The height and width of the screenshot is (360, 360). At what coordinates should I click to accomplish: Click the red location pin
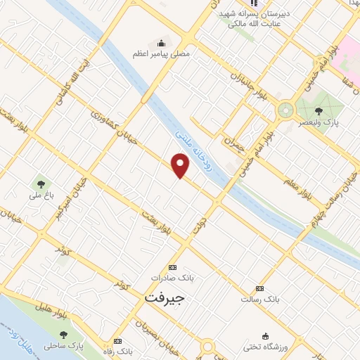[181, 166]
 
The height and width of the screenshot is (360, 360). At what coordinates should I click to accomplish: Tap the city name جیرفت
[163, 297]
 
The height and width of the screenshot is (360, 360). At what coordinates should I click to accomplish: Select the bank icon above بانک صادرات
[174, 267]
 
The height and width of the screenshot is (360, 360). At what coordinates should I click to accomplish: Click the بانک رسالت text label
[260, 300]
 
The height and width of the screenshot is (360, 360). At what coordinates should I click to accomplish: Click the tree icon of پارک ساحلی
[64, 335]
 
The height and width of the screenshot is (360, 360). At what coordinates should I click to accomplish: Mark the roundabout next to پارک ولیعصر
[285, 110]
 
